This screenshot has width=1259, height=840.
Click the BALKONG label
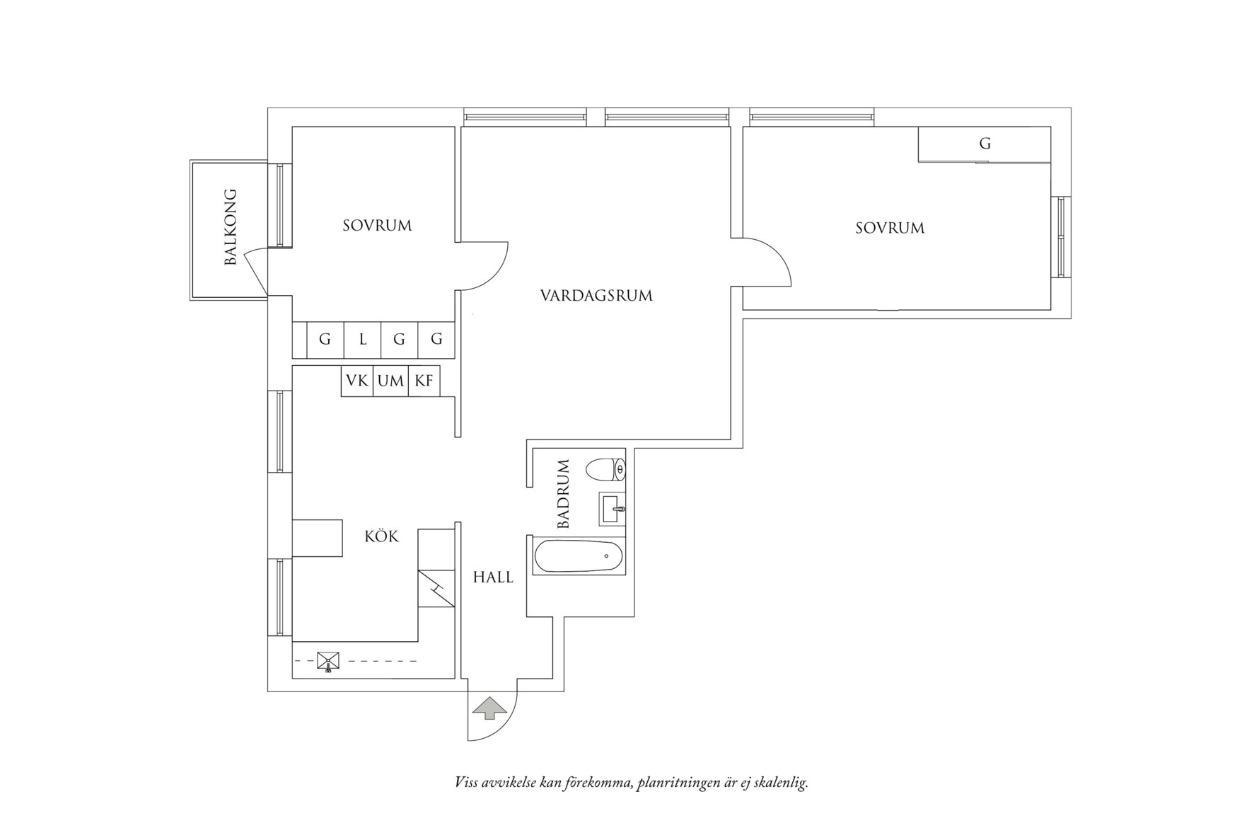click(230, 227)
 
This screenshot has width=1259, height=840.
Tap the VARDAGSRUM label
click(596, 296)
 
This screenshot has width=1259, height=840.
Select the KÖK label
click(381, 536)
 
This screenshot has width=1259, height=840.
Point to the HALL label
click(493, 577)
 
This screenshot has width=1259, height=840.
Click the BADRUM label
click(564, 494)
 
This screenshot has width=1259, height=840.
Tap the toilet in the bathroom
click(605, 469)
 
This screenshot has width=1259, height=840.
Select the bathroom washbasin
click(612, 508)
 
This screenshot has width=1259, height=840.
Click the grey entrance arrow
click(489, 707)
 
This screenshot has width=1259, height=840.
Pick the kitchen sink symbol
click(329, 661)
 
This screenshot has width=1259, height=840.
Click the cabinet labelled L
click(363, 340)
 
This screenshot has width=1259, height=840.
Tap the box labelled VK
click(356, 381)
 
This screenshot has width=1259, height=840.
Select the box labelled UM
click(390, 381)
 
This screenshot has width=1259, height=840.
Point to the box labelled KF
click(424, 381)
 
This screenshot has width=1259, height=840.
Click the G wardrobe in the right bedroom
click(984, 144)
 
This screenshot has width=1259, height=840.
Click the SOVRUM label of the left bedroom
click(377, 226)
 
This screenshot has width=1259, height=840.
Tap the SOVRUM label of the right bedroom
click(890, 228)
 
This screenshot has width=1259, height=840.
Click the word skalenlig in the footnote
click(781, 783)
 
